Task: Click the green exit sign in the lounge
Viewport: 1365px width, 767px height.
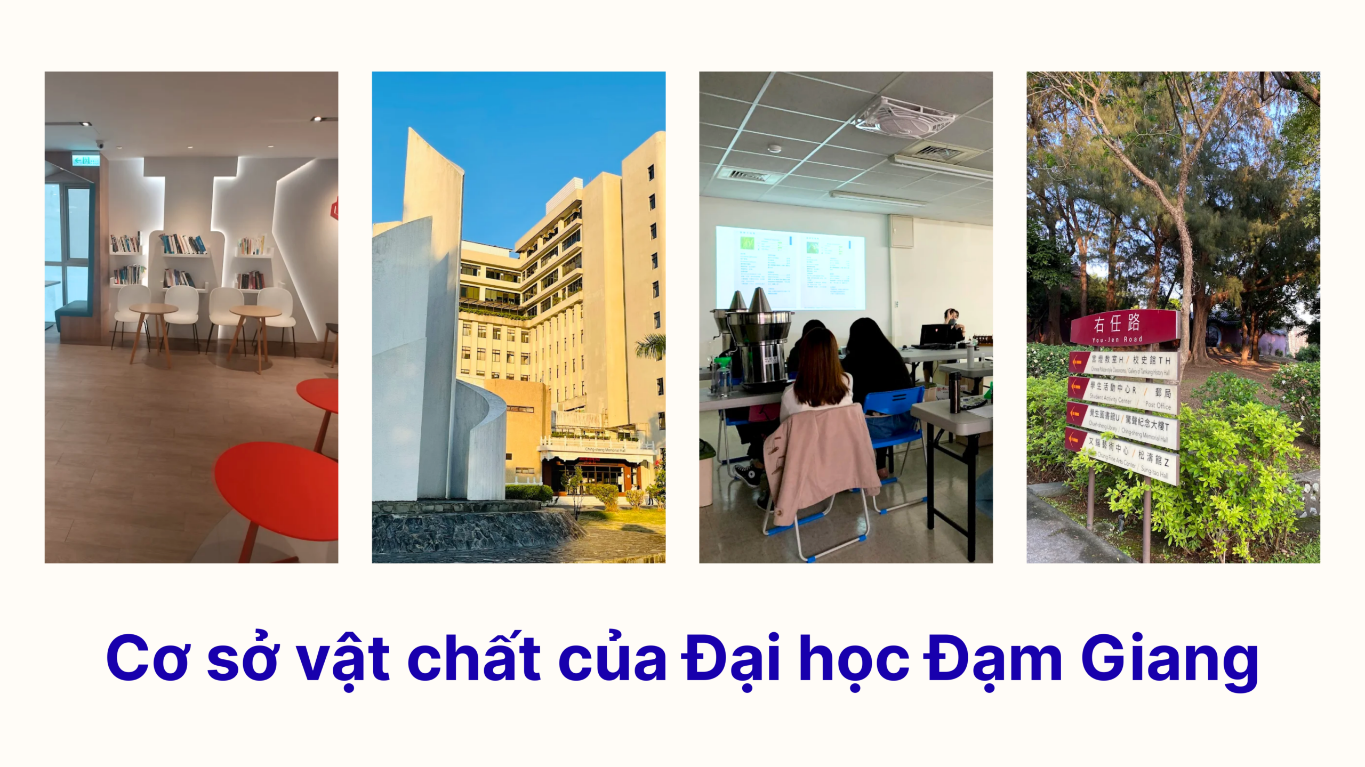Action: pos(86,159)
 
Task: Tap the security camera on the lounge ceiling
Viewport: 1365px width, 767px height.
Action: pos(100,145)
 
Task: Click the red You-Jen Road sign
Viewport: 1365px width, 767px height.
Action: pos(1124,327)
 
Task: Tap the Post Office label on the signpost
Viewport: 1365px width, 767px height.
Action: pos(1158,405)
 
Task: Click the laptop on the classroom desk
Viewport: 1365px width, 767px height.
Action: pos(934,336)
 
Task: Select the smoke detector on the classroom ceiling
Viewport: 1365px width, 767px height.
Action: pos(774,149)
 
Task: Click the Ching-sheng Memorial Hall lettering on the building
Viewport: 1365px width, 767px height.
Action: pos(605,450)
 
